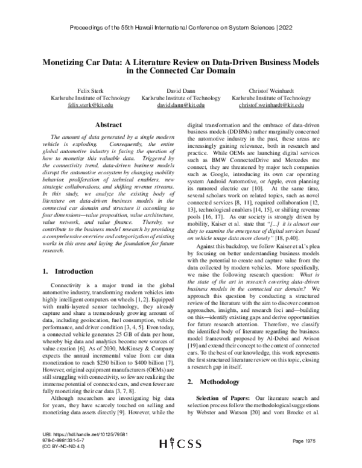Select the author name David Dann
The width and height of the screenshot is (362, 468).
pyautogui.click(x=180, y=89)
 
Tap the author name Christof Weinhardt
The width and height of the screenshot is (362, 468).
pyautogui.click(x=271, y=89)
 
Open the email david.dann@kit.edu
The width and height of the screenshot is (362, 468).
pyautogui.click(x=180, y=104)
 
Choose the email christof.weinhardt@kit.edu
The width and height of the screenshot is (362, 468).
pyautogui.click(x=271, y=104)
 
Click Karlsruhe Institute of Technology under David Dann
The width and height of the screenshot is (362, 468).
pyautogui.click(x=180, y=96)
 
